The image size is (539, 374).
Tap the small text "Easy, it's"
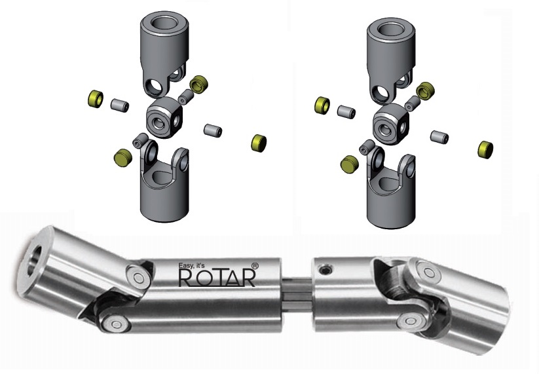tap(195, 266)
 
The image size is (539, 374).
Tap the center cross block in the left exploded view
tap(162, 117)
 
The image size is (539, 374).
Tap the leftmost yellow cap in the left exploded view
tap(96, 99)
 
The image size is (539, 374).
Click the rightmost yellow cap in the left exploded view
tap(259, 142)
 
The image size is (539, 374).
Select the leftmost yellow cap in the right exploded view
tap(322, 105)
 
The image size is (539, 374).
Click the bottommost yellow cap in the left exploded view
tap(122, 157)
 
